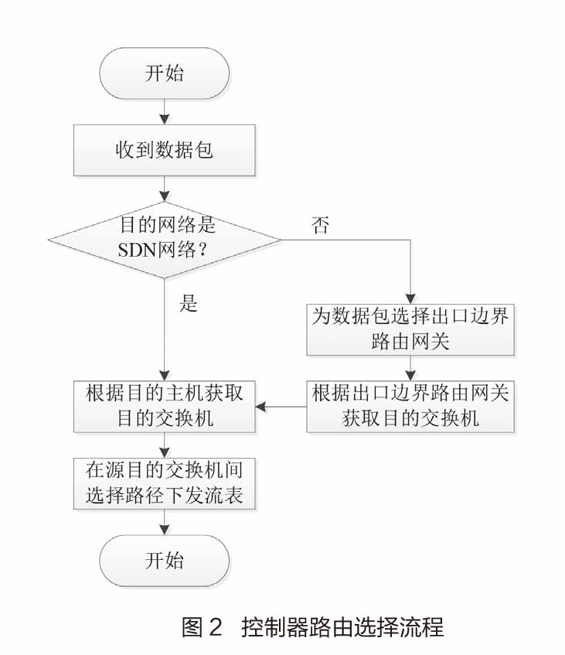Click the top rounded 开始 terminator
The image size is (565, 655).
point(164,75)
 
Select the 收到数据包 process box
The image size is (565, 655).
point(164,151)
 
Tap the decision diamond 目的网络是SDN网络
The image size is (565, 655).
point(164,239)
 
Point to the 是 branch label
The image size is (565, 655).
point(189,304)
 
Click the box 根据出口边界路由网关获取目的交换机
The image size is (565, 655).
point(410,406)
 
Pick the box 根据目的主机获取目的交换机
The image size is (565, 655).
point(164,406)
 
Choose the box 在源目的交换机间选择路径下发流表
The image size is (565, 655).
point(164,483)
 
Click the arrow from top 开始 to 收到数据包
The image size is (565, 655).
point(164,112)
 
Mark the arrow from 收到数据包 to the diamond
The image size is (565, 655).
point(164,189)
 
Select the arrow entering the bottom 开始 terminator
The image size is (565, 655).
point(164,523)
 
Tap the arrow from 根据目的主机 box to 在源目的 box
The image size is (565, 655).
point(164,445)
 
